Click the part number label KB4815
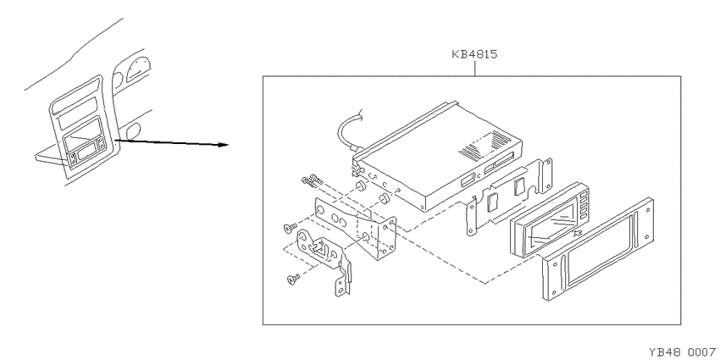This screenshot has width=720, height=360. pos(474,55)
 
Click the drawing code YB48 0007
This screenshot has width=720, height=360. pos(682,352)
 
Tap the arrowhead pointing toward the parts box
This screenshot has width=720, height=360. pos(224,145)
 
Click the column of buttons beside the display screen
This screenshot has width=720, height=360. pos(584,206)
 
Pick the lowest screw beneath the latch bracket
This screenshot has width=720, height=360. pos(292,279)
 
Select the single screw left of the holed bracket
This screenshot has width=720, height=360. pos(291,227)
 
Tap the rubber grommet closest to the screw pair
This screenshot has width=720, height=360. pos(360,186)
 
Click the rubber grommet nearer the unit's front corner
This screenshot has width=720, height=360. pos(384,199)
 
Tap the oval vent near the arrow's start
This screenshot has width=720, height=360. pos(134,131)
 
